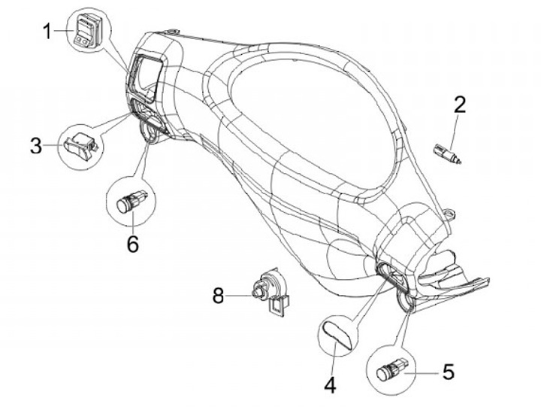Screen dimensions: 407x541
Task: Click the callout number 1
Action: coord(47,32)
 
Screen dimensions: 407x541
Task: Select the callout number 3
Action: coord(36,145)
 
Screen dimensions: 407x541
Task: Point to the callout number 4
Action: coord(329,386)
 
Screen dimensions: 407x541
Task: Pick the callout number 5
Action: coord(448,371)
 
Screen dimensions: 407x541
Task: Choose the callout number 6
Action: coord(132,244)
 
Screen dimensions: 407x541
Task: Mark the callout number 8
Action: coord(219,296)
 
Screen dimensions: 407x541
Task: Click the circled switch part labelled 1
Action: coord(84,30)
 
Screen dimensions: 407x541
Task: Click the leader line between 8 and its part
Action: coord(240,296)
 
